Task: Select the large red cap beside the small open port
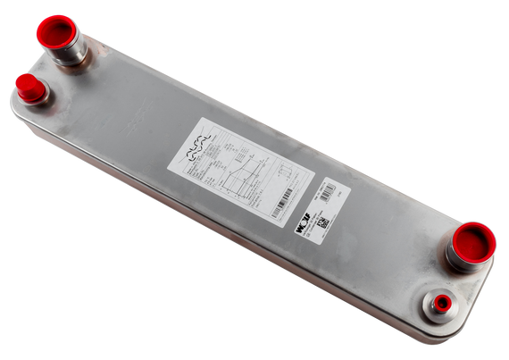coord(474,241)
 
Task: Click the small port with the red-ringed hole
coord(439,304)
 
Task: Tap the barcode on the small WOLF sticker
coord(319,190)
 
